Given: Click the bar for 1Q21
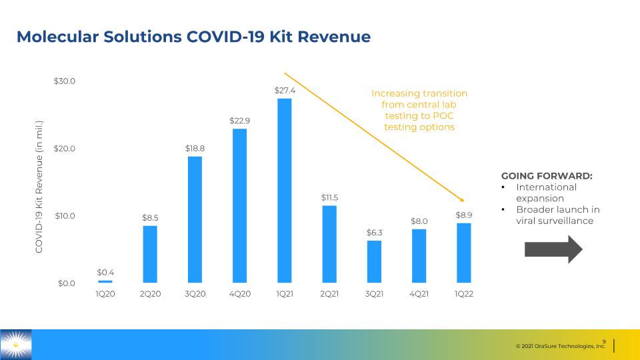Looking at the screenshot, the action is point(285,191).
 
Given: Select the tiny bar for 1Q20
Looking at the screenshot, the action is point(105,281).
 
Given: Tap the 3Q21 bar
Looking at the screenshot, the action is point(374,261).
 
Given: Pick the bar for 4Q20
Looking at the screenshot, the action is point(239,206).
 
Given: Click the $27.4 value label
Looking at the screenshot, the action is point(285,90).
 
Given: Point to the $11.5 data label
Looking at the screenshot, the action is point(329,197).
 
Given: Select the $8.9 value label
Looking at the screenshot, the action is point(464,215).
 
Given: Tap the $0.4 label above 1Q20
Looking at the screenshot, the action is point(105,272).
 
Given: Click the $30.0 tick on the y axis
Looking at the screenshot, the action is point(65,81).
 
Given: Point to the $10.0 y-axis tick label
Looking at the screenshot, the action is point(65,215).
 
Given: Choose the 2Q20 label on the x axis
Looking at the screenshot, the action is point(150,294).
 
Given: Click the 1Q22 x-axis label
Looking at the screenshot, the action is point(464,294).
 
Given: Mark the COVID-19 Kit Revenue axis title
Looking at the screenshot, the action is point(39,187).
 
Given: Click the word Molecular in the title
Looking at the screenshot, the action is point(57,37).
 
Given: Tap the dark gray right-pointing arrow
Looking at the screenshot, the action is point(553,249).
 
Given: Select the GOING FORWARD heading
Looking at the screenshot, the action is point(547,176).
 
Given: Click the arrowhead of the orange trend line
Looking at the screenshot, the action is point(463,201).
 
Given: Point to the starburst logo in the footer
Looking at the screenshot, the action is point(15,345).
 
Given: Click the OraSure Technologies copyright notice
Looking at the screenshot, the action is point(561,346).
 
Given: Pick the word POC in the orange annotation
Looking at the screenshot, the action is point(443,115).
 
